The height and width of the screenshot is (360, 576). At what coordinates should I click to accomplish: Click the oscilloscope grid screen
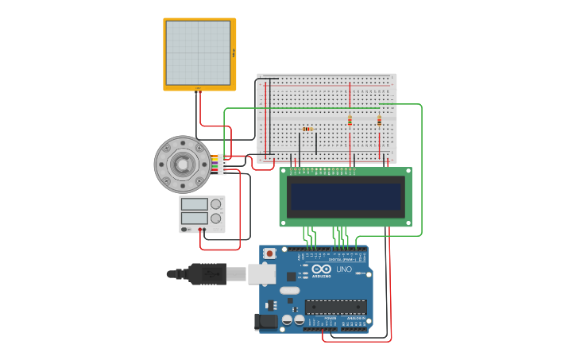[x=198, y=53]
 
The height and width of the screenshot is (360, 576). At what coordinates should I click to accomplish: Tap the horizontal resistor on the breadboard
[x=307, y=129]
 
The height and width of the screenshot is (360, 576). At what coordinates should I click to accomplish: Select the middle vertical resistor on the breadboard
[x=350, y=121]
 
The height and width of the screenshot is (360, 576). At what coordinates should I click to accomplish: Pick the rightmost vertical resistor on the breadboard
[x=379, y=121]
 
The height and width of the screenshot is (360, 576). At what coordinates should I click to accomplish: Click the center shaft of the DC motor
[x=183, y=165]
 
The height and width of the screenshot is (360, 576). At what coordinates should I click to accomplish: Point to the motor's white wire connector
[x=222, y=165]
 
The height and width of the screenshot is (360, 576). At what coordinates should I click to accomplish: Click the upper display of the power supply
[x=194, y=204]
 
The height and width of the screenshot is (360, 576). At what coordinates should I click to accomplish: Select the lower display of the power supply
[x=194, y=218]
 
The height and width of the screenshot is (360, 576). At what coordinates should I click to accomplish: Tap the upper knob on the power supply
[x=215, y=204]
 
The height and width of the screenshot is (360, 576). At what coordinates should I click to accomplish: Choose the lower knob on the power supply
[x=215, y=218]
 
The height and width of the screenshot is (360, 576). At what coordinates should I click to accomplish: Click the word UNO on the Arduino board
[x=344, y=269]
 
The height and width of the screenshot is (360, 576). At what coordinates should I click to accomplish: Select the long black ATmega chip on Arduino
[x=335, y=307]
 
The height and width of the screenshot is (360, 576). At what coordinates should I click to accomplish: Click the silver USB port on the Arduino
[x=261, y=274]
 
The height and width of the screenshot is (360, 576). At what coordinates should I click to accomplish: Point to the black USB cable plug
[x=207, y=274]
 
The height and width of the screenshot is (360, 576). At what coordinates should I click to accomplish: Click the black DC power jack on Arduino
[x=265, y=321]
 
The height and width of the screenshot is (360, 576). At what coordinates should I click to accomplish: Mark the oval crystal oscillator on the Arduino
[x=290, y=291]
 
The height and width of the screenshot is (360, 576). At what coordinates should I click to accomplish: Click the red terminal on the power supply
[x=200, y=230]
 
